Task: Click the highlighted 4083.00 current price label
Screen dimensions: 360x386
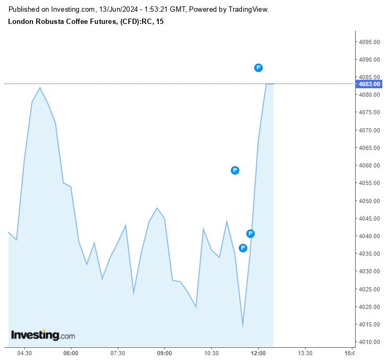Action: (369, 84)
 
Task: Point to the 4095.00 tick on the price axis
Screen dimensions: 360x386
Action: (369, 42)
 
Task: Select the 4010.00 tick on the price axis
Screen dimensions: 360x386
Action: (369, 342)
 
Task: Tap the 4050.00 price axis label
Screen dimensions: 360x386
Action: (369, 201)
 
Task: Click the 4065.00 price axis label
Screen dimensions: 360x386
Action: (369, 148)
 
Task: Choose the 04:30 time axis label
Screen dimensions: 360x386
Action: (24, 353)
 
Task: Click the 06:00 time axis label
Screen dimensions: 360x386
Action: (71, 353)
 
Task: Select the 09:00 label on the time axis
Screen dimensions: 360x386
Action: (165, 353)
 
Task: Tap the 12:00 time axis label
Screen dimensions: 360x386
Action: (258, 353)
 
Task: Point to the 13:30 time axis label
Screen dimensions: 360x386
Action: (305, 353)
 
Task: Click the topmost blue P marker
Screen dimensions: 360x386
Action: (258, 68)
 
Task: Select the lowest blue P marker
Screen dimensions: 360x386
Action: (243, 248)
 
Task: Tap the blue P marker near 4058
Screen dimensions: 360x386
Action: (235, 170)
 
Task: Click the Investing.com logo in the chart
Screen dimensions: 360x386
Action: (43, 336)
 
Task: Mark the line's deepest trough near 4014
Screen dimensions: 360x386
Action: (243, 326)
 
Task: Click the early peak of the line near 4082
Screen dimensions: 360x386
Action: (40, 88)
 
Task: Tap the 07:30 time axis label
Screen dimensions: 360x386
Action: (118, 353)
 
